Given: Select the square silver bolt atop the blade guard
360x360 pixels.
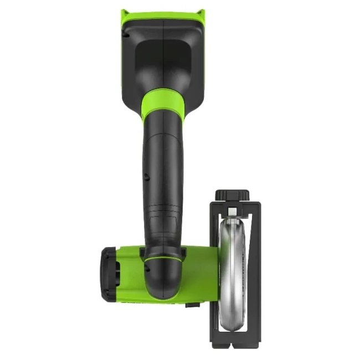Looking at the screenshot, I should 233,210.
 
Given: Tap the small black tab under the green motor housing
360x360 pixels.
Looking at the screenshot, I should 193,304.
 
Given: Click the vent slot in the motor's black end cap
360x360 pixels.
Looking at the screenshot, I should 116,271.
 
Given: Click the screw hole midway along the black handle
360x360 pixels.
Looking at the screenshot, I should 146,177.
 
